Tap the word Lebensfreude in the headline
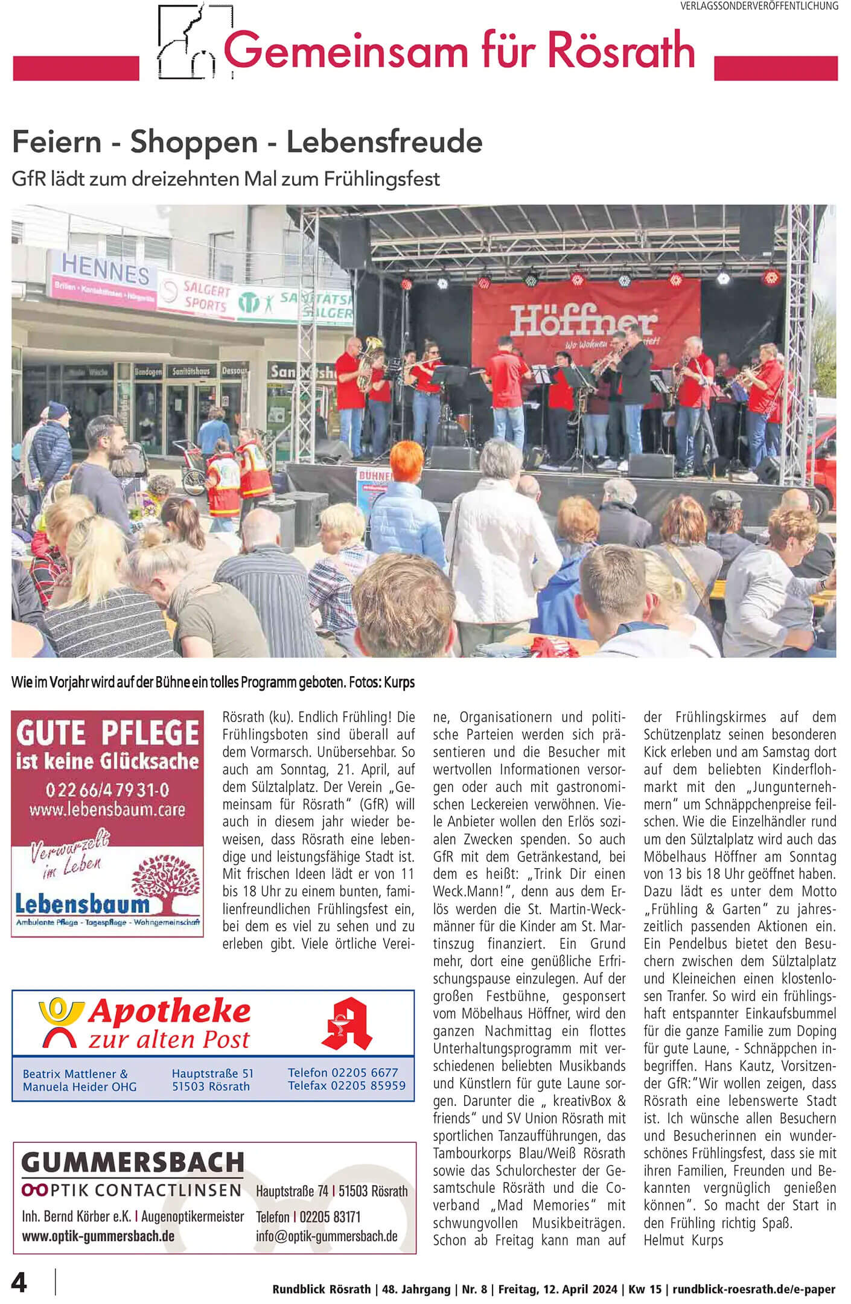point(384,142)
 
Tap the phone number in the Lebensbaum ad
point(107,790)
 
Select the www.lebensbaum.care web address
point(107,809)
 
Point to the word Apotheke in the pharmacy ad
point(169,1012)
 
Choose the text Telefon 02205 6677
point(343,1072)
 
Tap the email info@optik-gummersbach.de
point(327,1236)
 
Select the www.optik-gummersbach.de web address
point(98,1236)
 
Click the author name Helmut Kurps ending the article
point(683,1241)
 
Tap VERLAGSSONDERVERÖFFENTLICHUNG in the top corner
point(759,6)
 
